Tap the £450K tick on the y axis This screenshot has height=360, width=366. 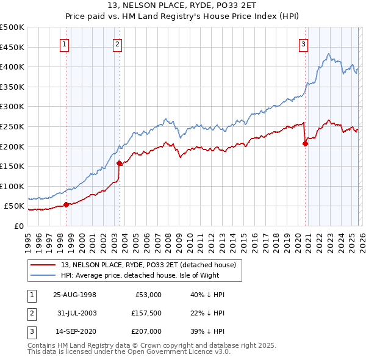12,47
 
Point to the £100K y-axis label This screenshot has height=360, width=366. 12,186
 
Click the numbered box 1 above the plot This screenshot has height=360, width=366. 65,43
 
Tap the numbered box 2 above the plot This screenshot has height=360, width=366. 117,43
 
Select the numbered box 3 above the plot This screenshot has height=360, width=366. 303,43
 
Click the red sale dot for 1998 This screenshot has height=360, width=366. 66,204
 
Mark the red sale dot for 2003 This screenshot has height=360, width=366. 120,163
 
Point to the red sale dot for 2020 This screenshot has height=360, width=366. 305,144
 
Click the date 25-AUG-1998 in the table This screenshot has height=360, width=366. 75,295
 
